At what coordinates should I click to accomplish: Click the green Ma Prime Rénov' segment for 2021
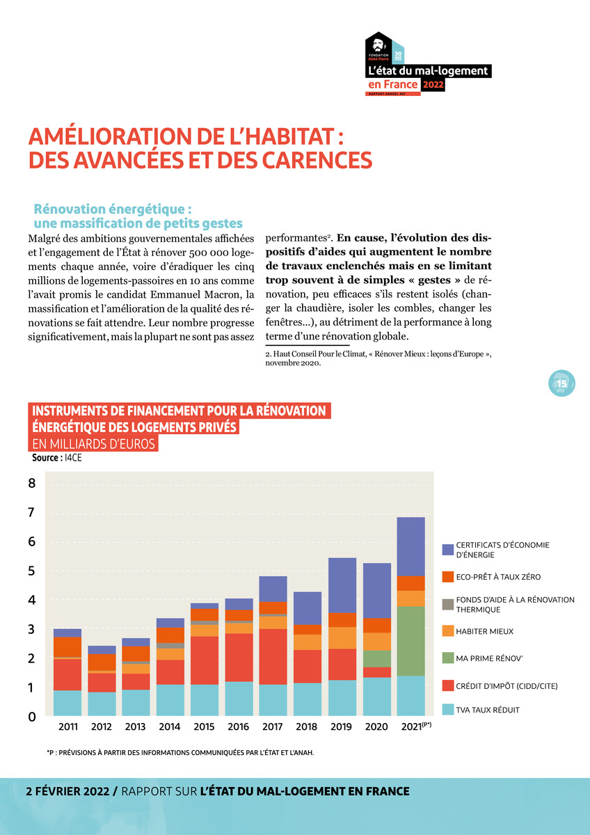click(410, 641)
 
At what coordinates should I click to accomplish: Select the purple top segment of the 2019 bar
click(342, 585)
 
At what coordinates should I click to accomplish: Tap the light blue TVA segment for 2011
click(67, 703)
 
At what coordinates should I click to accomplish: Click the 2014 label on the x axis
click(170, 727)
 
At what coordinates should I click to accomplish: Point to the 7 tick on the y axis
click(32, 513)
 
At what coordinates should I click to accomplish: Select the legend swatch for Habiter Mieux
click(449, 631)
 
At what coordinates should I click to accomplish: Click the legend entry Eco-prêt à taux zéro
click(498, 577)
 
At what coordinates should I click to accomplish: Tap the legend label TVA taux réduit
click(488, 710)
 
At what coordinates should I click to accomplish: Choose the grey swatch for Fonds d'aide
click(449, 604)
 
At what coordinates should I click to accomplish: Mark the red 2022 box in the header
click(433, 85)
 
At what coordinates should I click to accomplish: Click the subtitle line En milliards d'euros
click(93, 443)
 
